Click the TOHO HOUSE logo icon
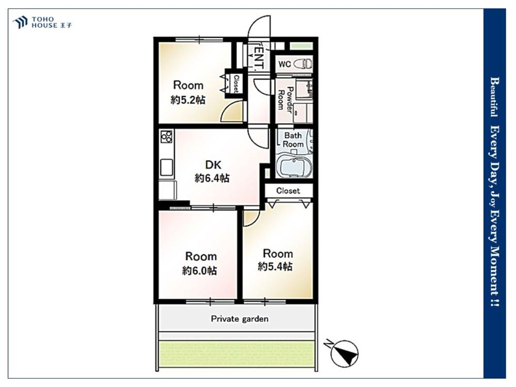coord(20,22)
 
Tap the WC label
coord(285,64)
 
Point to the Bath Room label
coord(293,140)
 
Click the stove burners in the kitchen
coord(167,137)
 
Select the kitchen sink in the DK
coord(167,168)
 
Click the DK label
coord(213,165)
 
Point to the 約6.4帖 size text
coord(212,179)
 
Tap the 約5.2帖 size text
coord(188,100)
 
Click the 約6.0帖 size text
coord(200,271)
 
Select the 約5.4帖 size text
coord(275,267)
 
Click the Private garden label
coord(239,319)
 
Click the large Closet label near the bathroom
coord(288,191)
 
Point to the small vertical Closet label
coord(236,84)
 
